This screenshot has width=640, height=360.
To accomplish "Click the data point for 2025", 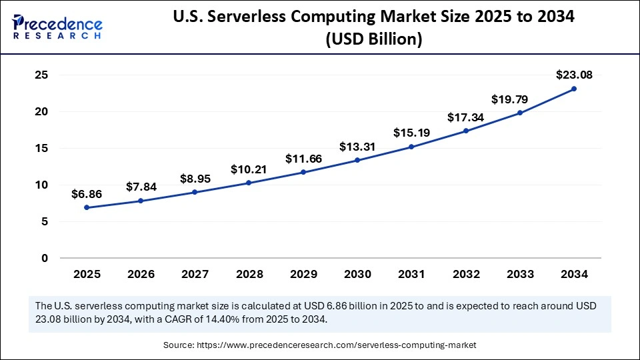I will (x=87, y=207).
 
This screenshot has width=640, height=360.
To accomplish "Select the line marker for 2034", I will (x=574, y=89).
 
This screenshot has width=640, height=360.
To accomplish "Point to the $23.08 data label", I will (x=574, y=75).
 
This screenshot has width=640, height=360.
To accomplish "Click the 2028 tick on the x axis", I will (x=249, y=274).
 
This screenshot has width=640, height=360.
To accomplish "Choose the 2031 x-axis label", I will (x=411, y=274).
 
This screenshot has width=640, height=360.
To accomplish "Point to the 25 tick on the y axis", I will (x=41, y=75).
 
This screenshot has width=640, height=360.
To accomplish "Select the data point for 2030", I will (x=357, y=160).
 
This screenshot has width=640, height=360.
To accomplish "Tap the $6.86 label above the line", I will (x=87, y=194).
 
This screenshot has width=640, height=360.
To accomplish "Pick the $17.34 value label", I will (x=466, y=117).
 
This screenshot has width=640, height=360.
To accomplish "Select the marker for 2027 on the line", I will (x=195, y=192).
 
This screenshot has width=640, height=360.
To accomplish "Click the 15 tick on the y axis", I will (x=41, y=149).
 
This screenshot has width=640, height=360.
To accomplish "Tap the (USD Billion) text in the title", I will (x=373, y=39).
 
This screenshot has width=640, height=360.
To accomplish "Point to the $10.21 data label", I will (x=249, y=169).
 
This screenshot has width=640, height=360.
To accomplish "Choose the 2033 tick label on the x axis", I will (x=520, y=274).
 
